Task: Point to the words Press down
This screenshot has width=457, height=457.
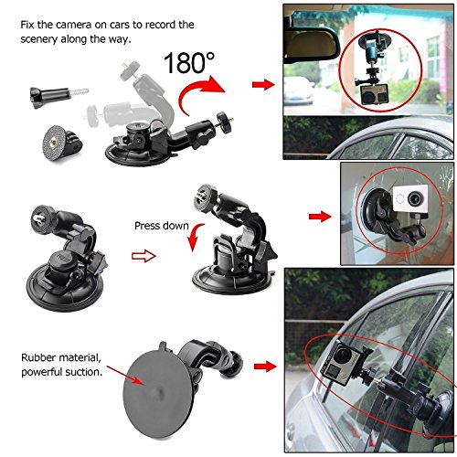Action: click(x=160, y=225)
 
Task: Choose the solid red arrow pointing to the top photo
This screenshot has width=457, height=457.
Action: click(x=263, y=85)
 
